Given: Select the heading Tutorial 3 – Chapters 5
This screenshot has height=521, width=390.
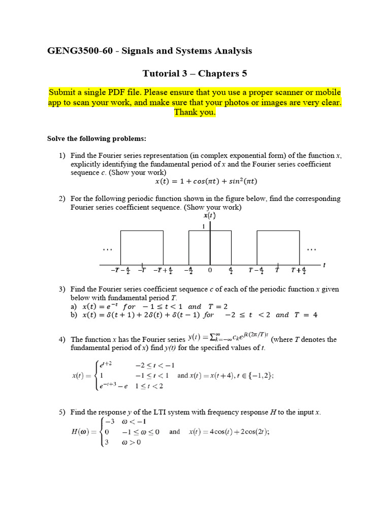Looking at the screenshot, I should tap(194, 73).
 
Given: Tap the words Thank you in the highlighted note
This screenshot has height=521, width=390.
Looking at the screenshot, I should tap(194, 112).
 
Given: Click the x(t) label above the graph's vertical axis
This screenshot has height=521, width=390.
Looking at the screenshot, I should tap(209, 216).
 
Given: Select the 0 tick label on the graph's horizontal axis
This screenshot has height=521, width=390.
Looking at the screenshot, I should tap(209, 270).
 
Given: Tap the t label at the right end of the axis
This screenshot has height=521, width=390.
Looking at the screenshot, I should tap(324, 265).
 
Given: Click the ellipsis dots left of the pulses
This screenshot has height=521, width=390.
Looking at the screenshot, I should tap(107, 249).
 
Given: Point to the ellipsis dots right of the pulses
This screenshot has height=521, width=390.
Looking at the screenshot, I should tap(311, 249).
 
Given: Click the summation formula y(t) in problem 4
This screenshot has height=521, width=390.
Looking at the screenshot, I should tap(229, 337).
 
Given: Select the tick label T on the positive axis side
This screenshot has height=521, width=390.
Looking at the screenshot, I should tap(277, 270).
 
